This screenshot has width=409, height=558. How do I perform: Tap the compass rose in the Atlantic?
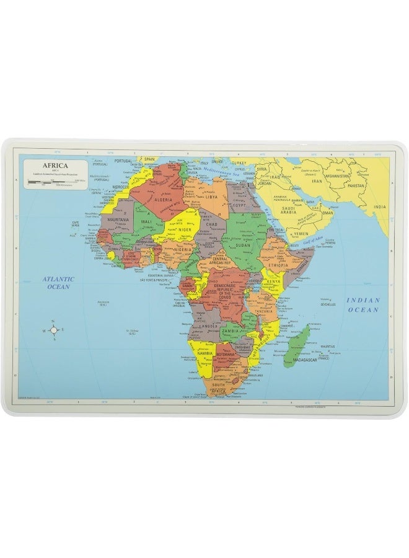pos(53,330)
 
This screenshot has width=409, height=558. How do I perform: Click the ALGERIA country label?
pos(163,200)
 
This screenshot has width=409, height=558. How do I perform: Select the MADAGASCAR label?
pos(304,360)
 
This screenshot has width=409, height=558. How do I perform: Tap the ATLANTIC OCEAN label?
pos(58,283)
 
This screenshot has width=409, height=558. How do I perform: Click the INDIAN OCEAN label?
pos(363,304)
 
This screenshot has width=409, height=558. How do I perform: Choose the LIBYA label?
pos(213,197)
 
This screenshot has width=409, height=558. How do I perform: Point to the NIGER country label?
pos(185,229)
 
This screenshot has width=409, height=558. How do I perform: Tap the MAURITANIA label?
pos(118,219)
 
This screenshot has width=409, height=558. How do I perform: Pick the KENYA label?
pos(274,282)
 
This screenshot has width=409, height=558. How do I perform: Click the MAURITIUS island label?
pos(328,345)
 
